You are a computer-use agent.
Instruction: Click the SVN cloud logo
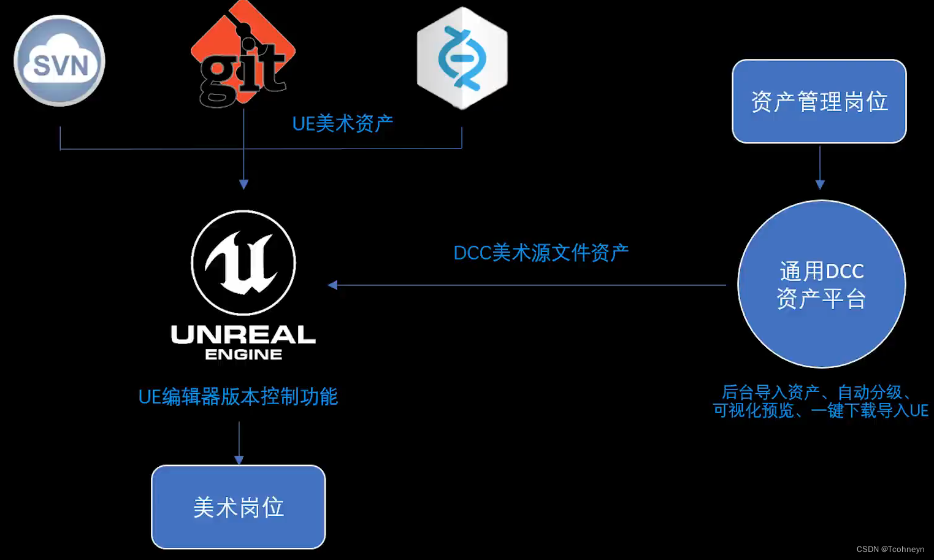coord(59,61)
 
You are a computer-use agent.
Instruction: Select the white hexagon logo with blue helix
coord(462,58)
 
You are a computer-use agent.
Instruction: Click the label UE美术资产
coord(342,124)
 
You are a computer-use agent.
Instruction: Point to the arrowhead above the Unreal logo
coord(243,184)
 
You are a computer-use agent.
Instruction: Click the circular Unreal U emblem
coord(243,263)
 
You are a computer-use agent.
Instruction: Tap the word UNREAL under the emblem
coord(243,334)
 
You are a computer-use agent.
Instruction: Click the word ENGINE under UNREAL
coord(243,355)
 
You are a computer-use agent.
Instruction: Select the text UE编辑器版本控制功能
coord(238,397)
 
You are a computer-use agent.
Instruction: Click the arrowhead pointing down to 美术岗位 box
coord(239,460)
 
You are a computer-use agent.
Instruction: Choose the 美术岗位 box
coord(239,507)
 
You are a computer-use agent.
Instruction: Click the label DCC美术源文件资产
coord(541,253)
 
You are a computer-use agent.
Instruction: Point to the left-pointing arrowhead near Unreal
coord(333,285)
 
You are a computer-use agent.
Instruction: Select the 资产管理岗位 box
coord(819,102)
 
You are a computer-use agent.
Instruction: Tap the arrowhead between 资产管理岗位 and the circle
coord(820,184)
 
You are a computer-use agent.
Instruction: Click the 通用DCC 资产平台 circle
coord(821,285)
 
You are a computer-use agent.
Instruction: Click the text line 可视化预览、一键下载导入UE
coord(821,410)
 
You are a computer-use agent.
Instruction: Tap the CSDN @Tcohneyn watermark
coord(890,549)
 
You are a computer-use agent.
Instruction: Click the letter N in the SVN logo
coord(78,66)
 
